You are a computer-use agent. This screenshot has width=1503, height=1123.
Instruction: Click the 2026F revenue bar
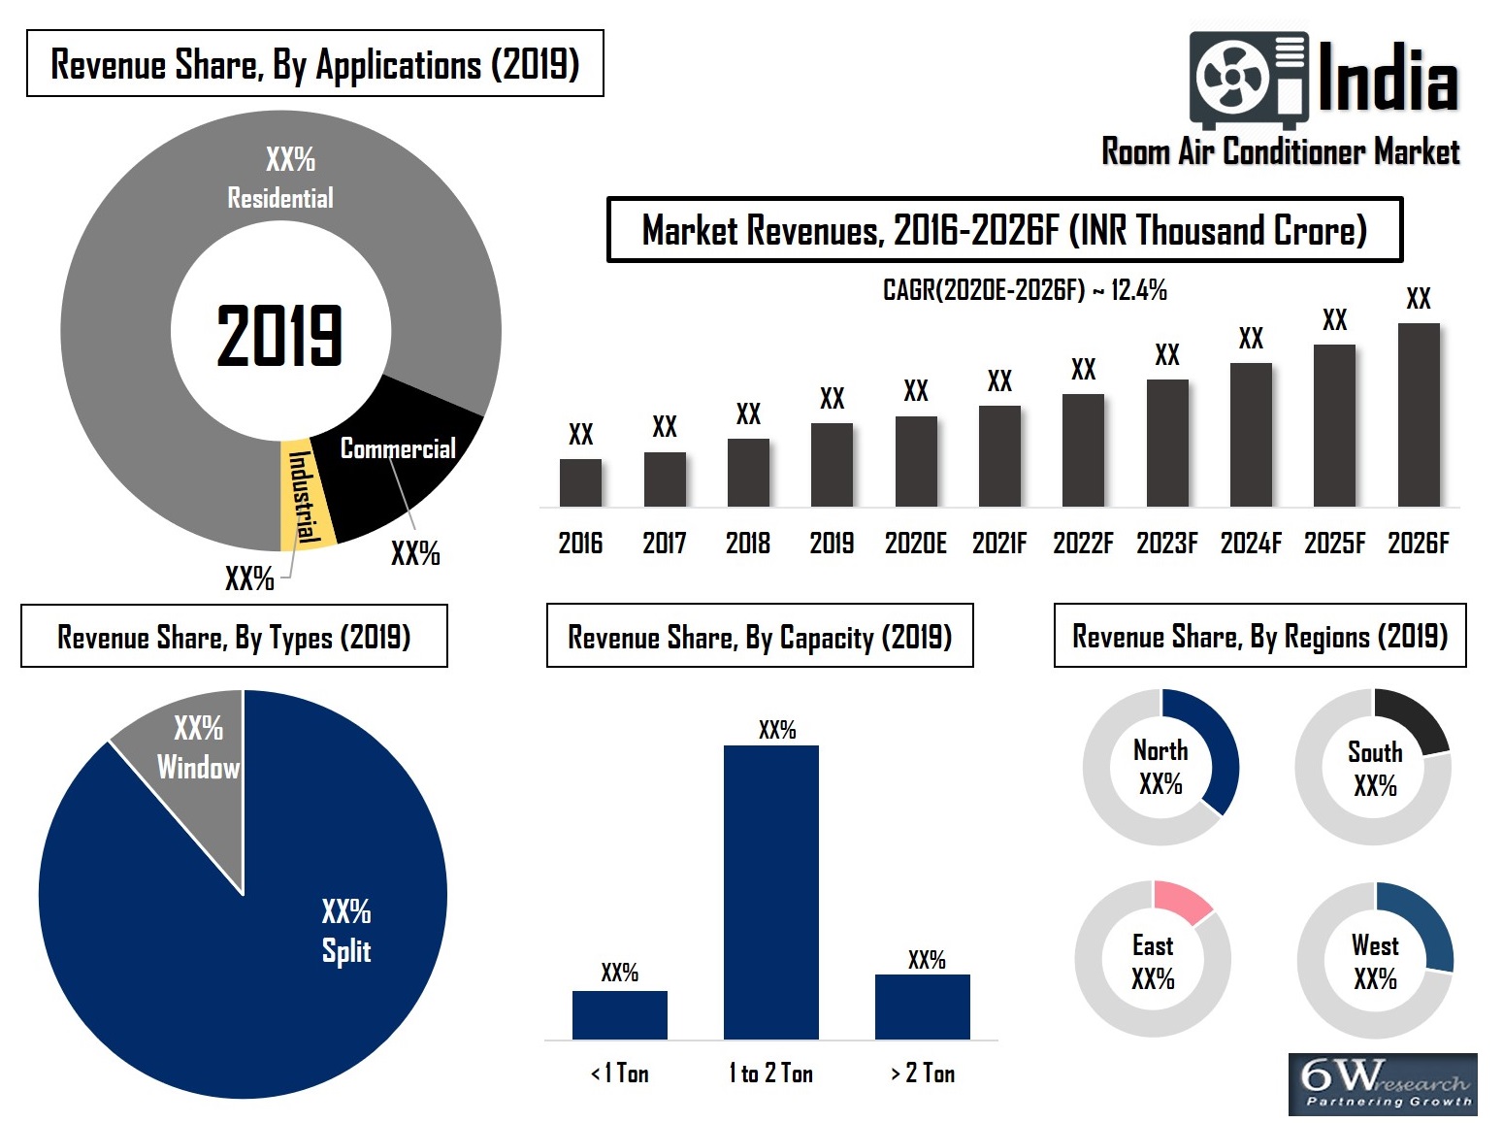click(1418, 414)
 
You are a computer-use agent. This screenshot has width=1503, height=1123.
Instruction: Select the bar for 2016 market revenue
click(580, 482)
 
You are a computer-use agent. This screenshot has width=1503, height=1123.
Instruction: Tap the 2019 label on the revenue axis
click(832, 543)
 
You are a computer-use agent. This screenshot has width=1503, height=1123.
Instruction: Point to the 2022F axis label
click(1083, 543)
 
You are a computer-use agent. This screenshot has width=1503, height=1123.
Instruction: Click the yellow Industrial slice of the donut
click(303, 495)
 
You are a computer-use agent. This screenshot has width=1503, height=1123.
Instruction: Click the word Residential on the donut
click(280, 198)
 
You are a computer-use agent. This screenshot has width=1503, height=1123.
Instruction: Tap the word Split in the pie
click(346, 950)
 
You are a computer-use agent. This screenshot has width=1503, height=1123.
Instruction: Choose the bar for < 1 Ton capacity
click(619, 1014)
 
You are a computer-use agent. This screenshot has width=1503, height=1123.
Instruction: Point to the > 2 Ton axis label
click(923, 1073)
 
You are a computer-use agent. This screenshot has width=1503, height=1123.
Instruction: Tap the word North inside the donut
click(1160, 750)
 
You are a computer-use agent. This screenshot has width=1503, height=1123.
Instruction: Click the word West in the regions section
click(1375, 945)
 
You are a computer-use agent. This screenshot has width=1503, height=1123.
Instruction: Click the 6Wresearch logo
click(1382, 1084)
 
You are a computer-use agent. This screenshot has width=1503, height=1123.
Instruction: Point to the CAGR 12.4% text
click(1024, 289)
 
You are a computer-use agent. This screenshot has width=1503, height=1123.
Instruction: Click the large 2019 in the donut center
click(279, 336)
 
